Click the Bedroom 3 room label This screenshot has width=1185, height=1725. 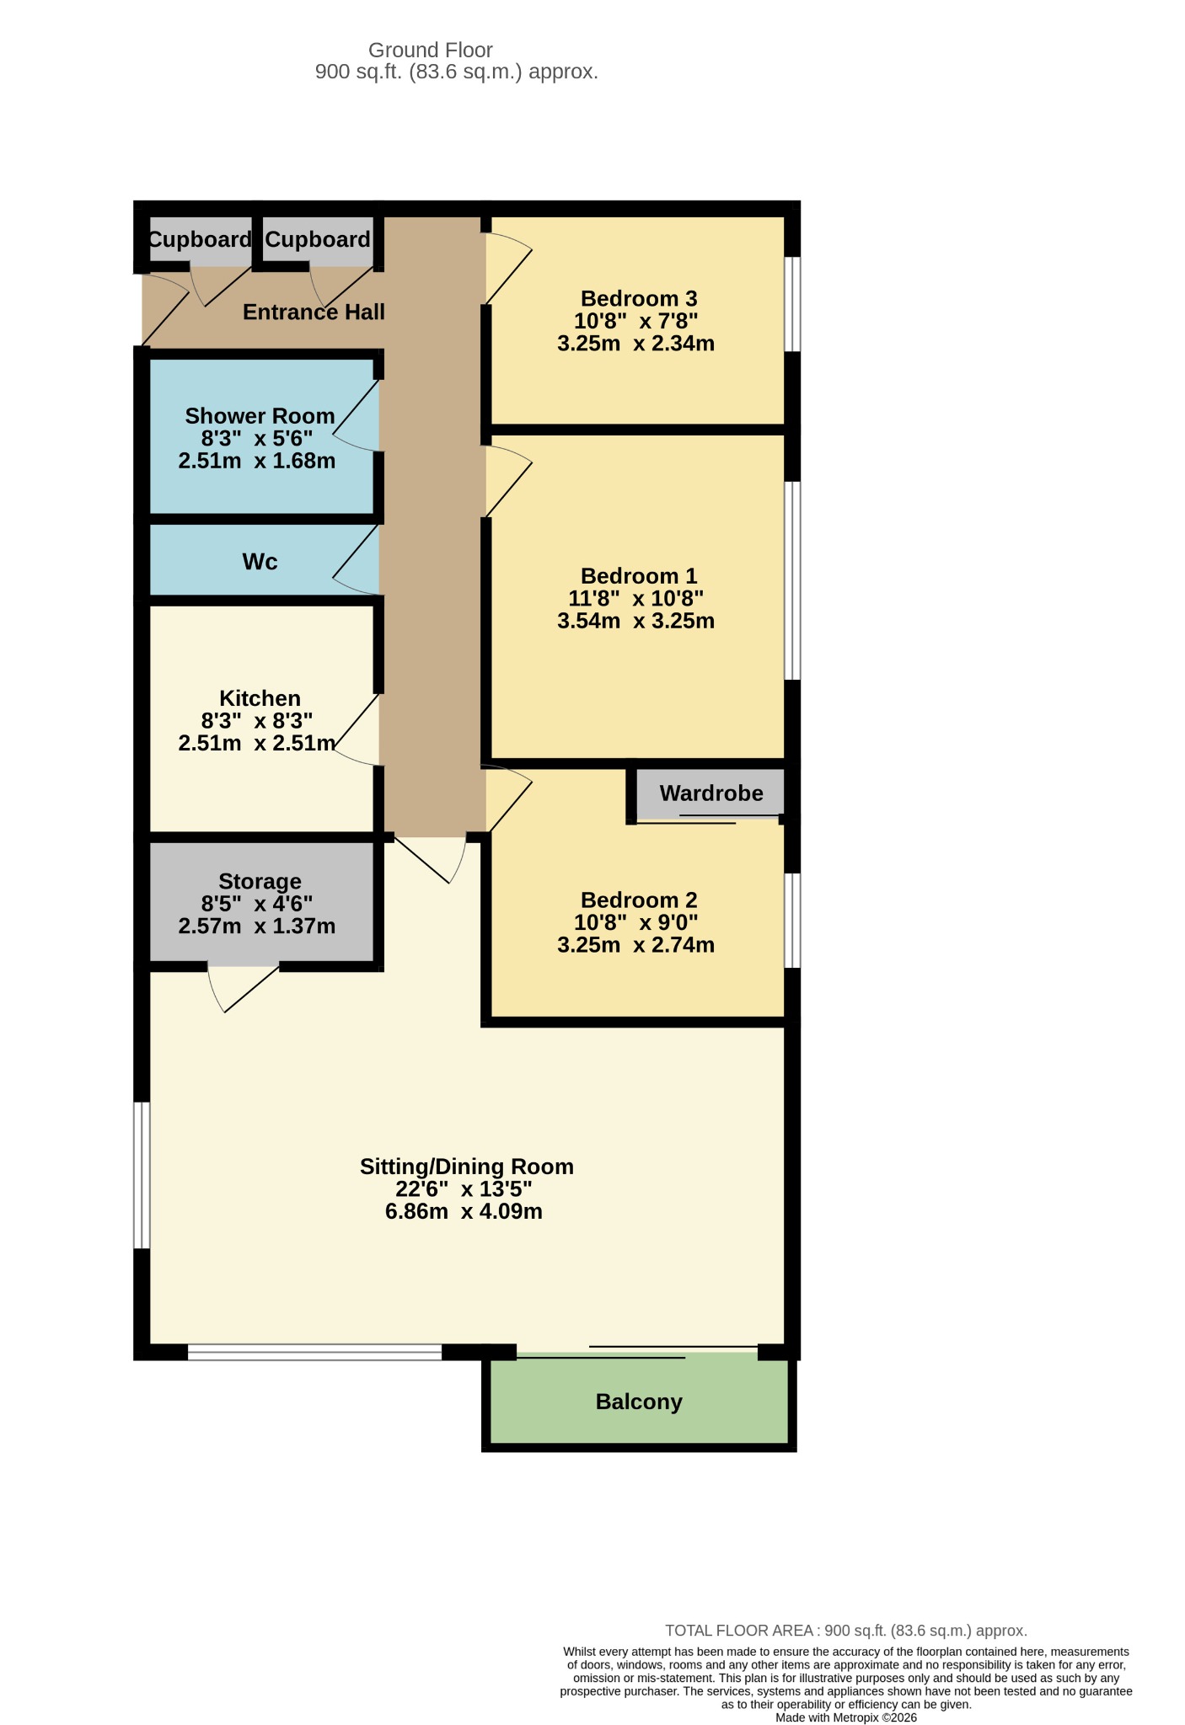[639, 299]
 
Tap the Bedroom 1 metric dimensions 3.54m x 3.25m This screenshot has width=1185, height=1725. [636, 621]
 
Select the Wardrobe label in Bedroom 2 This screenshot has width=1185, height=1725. [711, 793]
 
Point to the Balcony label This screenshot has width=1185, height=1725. [639, 1402]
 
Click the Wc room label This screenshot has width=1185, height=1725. [260, 562]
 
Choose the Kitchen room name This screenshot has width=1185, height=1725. [260, 698]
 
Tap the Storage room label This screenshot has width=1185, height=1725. [260, 882]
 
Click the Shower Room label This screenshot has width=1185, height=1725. [260, 416]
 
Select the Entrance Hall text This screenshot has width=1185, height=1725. [314, 312]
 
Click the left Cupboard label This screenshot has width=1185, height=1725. [200, 240]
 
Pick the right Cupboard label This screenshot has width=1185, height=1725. [318, 240]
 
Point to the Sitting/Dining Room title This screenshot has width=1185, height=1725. [467, 1167]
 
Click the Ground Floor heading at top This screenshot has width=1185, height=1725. [431, 51]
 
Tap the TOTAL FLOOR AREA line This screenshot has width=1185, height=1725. [846, 1631]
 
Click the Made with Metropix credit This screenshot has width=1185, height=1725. [846, 1717]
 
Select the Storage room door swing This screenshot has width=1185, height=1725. [244, 989]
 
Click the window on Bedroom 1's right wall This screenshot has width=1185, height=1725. [792, 580]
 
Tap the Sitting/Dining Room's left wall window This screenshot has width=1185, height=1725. [142, 1175]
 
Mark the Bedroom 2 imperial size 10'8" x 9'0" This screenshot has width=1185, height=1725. [636, 922]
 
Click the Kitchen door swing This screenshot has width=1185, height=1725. [357, 729]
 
